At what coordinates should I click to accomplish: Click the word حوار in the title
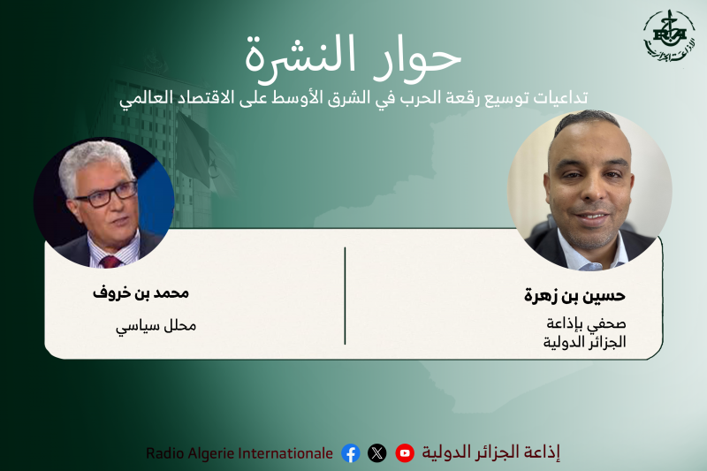point(424,57)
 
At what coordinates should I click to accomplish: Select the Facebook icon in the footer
point(351,453)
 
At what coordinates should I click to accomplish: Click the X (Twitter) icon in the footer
point(377,453)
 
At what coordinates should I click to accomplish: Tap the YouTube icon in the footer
point(405,453)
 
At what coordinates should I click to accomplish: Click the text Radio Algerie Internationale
point(239,453)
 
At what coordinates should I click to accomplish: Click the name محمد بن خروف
point(141,292)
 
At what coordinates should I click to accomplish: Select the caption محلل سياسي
point(156,325)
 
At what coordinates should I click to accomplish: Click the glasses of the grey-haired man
point(106,193)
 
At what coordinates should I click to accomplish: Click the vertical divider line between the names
point(345,296)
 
